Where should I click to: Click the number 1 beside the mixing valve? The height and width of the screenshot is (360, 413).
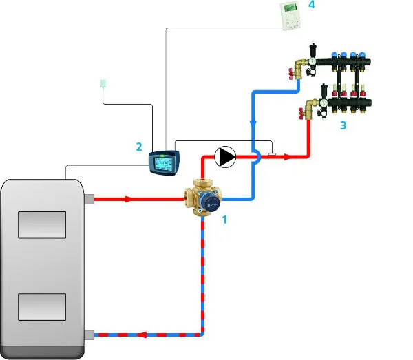[223, 220]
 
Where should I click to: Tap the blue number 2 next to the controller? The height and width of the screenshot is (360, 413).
[139, 147]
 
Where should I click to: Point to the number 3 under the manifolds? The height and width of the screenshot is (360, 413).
[342, 126]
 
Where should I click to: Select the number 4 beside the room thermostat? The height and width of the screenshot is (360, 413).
[311, 5]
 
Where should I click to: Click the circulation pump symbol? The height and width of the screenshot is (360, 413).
[225, 157]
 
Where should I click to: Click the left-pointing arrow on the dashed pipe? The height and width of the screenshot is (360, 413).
[143, 335]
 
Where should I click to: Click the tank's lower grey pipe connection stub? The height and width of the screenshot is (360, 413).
[88, 335]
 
